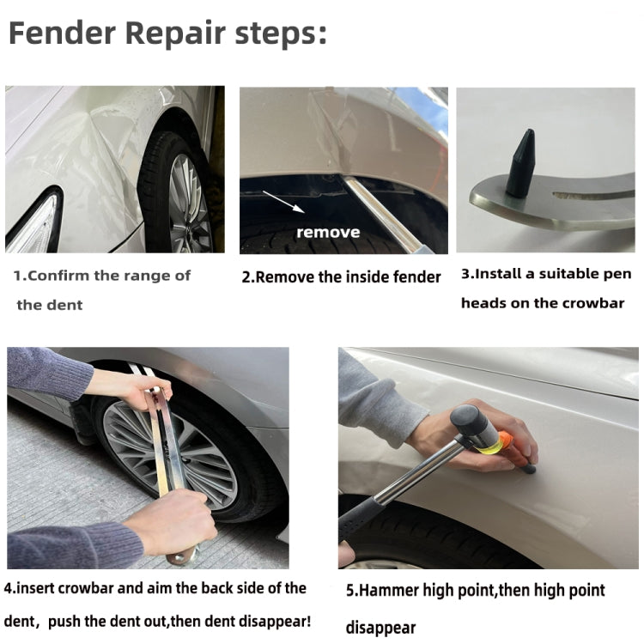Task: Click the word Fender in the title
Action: (x=61, y=35)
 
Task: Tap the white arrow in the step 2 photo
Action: (x=284, y=201)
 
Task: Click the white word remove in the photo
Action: (x=328, y=232)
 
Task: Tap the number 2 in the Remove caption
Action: (x=246, y=276)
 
